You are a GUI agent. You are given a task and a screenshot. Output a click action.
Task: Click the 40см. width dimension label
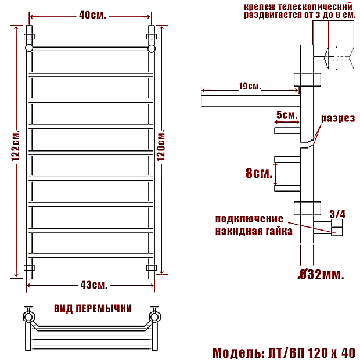[x=92, y=15]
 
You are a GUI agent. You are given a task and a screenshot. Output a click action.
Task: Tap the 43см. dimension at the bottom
[x=94, y=285]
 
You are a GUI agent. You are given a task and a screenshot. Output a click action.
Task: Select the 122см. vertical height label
[x=16, y=146]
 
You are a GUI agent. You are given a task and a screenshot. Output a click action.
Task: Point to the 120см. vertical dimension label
[x=161, y=145]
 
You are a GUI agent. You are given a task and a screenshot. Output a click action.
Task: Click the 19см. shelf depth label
[x=250, y=87]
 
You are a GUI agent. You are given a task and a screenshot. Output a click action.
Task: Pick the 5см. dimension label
[x=287, y=115]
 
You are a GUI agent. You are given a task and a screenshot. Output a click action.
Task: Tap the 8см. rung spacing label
[x=259, y=173]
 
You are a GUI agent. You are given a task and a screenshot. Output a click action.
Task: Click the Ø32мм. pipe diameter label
[x=321, y=275]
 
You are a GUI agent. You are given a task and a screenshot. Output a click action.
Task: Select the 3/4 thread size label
[x=337, y=214]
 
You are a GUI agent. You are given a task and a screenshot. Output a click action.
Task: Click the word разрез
[x=338, y=118]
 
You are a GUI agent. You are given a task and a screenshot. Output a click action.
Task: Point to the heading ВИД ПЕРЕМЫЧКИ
[x=93, y=309]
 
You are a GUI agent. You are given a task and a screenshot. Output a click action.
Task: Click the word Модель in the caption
[x=237, y=352]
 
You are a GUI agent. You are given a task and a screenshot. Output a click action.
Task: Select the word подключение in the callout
[x=249, y=219]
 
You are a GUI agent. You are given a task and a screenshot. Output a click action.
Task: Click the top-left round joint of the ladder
[x=29, y=48]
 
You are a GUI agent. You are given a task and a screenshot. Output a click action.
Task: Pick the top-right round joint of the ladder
[x=152, y=48]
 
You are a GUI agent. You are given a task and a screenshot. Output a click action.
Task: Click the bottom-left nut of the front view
[x=29, y=268]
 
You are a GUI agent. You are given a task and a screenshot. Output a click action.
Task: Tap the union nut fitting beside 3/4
[x=337, y=228]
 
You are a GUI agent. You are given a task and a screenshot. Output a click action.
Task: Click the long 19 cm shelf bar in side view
[x=251, y=101]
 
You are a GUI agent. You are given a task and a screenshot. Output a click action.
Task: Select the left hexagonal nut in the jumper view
[x=28, y=317]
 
